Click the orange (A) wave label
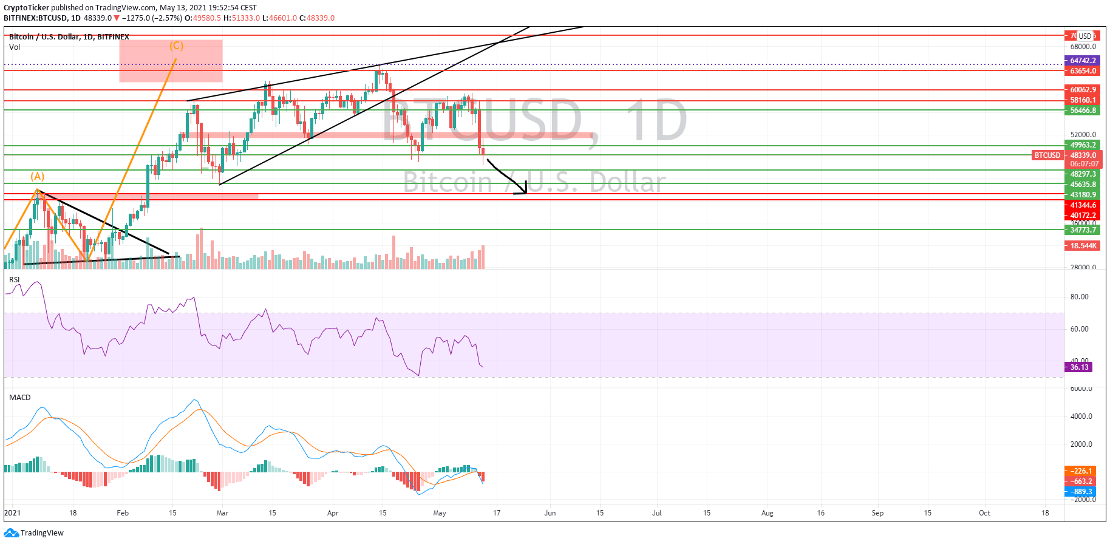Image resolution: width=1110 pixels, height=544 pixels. coord(38,176)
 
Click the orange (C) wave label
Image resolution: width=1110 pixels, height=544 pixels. coord(176,46)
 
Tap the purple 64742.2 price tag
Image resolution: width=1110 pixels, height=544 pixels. coord(1083,61)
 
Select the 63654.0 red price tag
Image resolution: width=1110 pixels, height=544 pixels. coord(1083,71)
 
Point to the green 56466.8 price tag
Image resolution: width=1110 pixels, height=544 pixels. coord(1083,110)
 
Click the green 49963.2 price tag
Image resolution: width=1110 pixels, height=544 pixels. coord(1083,145)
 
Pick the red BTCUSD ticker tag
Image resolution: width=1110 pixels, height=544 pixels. coord(1047,155)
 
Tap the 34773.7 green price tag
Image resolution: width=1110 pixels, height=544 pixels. coord(1083,230)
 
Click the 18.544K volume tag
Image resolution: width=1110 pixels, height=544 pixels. coord(1083,246)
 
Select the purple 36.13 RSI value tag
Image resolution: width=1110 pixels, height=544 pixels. coord(1079,367)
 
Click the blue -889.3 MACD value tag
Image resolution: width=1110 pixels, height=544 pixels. coord(1080,492)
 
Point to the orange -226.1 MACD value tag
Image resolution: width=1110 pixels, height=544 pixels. coord(1080,471)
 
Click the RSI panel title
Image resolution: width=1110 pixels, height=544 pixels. coord(14,280)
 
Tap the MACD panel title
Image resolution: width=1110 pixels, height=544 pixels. coord(19,398)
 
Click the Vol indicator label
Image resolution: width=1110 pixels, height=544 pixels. coord(15,47)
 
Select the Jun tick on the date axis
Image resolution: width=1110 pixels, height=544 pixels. coord(550,513)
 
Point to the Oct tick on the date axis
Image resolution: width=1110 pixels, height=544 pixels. coord(984,513)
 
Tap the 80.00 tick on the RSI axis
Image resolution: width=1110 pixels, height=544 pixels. coord(1079,297)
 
